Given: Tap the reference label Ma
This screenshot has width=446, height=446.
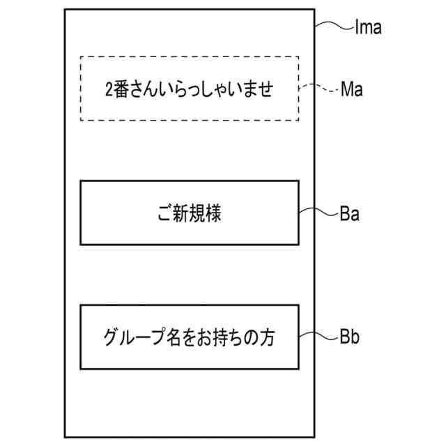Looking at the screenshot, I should click(352, 90).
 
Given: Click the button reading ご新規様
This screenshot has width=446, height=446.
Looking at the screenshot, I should click(190, 213).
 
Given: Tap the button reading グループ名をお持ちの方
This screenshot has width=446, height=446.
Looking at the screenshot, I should click(190, 337).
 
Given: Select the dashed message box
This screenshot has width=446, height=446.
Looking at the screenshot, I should click(190, 89).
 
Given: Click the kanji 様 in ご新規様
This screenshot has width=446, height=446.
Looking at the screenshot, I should click(213, 213).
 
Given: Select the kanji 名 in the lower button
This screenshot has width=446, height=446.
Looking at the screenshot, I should click(165, 338).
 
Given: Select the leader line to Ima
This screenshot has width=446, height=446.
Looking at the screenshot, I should click(333, 26).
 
